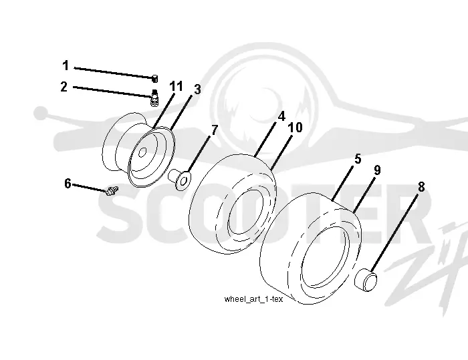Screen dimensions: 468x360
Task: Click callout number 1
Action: point(66,65)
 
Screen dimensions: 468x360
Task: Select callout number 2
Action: point(64,87)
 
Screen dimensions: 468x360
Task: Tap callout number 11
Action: point(176,86)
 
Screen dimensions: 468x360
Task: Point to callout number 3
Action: point(198,89)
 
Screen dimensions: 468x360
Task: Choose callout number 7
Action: point(215,130)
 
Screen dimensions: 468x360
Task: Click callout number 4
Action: point(281,116)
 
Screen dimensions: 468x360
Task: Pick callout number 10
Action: point(296,128)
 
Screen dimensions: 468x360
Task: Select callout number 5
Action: point(358,159)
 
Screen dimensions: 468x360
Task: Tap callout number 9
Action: point(377,170)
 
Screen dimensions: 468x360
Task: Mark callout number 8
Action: point(421,187)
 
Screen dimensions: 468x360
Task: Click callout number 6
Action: point(68,184)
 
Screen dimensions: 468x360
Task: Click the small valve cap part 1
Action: point(154,79)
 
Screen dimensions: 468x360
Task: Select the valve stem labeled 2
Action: point(154,98)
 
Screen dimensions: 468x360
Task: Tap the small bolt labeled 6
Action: point(112,190)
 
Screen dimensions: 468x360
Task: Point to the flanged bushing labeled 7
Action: point(180,179)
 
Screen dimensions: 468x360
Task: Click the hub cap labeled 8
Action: point(366,280)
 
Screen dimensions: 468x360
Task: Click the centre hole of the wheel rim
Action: point(142,152)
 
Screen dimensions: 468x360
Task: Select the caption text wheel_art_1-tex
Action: point(253,299)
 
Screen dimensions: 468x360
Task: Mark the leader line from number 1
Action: point(114,73)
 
